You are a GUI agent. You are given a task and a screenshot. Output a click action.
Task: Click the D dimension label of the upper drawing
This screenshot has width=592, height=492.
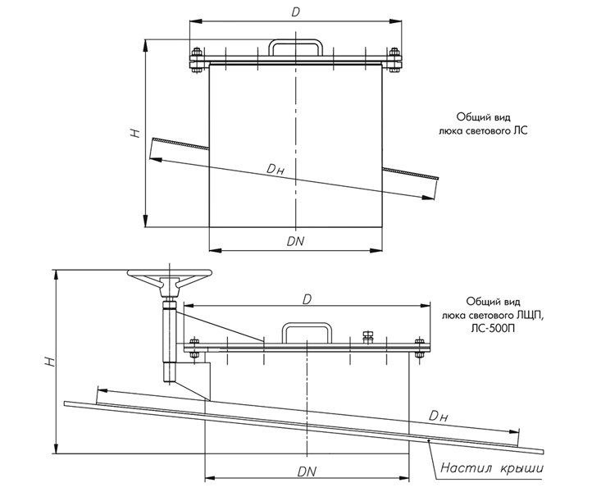click(296, 12)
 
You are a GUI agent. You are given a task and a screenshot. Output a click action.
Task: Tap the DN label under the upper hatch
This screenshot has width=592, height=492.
click(295, 242)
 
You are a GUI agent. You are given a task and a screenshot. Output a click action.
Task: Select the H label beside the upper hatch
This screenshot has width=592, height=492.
click(134, 133)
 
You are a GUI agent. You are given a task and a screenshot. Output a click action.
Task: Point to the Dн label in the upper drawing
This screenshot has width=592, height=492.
click(276, 170)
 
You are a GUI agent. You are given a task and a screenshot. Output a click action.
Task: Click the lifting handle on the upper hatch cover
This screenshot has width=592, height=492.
click(295, 48)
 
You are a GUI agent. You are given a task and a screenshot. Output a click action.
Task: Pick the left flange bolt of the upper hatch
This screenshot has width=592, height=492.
click(197, 60)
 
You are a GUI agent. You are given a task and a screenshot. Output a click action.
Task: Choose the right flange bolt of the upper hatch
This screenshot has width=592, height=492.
click(394, 60)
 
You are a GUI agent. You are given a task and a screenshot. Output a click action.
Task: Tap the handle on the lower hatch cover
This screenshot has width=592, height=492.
click(307, 333)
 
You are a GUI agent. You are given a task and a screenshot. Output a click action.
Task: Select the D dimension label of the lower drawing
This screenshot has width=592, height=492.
click(307, 299)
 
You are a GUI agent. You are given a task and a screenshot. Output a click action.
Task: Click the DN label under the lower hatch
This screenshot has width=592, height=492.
click(307, 472)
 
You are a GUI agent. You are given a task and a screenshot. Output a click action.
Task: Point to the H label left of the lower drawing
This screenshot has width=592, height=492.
click(50, 362)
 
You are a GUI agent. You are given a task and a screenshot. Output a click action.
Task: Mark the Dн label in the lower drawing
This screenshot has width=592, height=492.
click(438, 417)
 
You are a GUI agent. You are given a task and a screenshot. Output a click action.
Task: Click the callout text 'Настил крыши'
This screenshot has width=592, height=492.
click(492, 468)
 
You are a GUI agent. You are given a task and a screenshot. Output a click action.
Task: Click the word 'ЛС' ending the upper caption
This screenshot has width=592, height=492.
click(521, 130)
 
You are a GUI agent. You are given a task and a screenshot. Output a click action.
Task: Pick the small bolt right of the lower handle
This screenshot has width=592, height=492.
click(367, 337)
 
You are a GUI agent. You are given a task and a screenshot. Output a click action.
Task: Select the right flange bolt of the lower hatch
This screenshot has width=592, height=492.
click(420, 348)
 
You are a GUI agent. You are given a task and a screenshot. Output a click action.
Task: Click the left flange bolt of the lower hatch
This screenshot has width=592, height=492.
click(194, 348)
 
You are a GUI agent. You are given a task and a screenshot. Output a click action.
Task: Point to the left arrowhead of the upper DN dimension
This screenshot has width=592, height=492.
click(215, 250)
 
